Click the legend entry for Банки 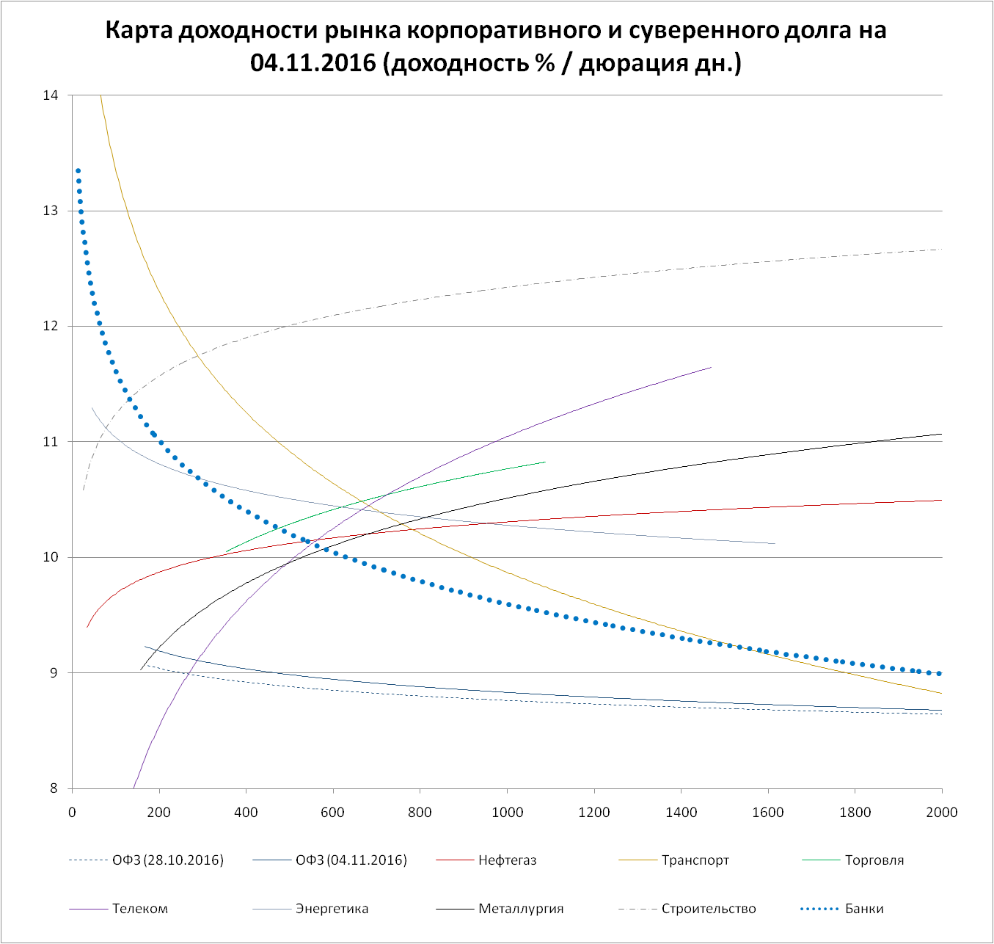coord(864,909)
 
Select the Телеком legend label coord(139,909)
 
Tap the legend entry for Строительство coord(708,909)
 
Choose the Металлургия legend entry coord(521,909)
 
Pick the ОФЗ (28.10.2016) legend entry coord(167,860)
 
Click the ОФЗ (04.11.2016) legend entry coord(351,860)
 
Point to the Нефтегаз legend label coord(507,860)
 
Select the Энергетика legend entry coord(332,909)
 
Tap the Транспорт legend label coord(695,860)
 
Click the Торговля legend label coord(874,860)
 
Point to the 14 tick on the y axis coord(51,95)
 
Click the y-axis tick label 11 coord(51,442)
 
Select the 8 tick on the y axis coord(54,789)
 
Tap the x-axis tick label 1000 coord(507,812)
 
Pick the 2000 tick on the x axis coord(942,812)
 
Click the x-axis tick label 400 coord(246,812)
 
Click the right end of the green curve coord(545,462)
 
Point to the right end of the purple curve coord(711,367)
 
